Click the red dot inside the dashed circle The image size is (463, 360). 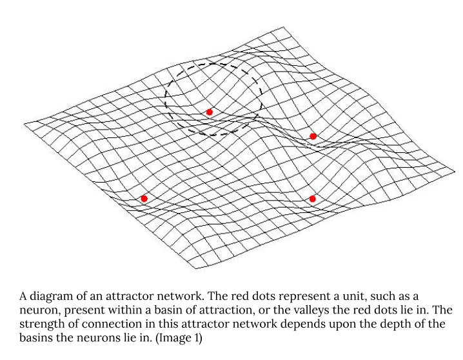(209, 112)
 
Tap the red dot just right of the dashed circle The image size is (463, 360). (313, 136)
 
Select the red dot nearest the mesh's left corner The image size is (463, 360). (144, 198)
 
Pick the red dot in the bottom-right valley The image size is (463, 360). (312, 199)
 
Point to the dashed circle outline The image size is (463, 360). (166, 97)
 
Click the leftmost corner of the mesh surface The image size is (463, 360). (24, 122)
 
